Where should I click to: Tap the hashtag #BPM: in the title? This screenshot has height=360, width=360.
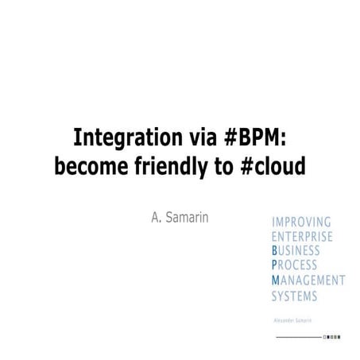pos(255,138)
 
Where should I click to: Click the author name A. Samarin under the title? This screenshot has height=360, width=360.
pos(180,217)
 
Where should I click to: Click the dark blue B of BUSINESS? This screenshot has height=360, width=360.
pos(274,250)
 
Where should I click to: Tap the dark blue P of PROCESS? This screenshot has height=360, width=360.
pos(274,265)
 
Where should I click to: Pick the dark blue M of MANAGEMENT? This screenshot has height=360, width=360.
pos(275,280)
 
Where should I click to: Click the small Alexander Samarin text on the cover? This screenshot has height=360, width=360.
pos(292,319)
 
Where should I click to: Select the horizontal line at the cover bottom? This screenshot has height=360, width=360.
pos(298,338)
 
